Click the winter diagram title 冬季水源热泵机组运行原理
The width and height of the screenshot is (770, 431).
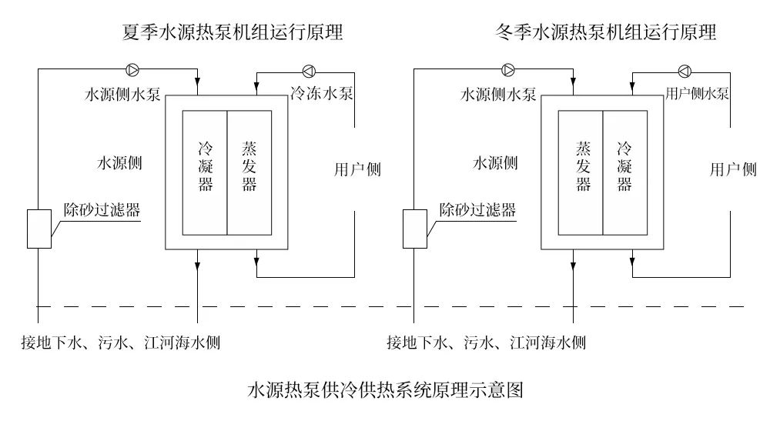tap(607, 33)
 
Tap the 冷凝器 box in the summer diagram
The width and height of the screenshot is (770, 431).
tap(205, 172)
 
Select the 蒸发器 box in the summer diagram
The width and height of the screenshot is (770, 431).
tap(249, 172)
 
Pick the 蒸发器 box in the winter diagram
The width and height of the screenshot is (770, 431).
tap(581, 172)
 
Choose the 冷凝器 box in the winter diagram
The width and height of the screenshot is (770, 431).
tap(624, 172)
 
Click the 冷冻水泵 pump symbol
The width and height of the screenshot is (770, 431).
tap(309, 71)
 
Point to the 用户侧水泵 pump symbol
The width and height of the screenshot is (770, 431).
tap(685, 71)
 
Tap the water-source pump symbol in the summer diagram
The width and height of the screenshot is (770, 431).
tap(133, 70)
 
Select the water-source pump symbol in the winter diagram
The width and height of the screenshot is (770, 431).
tap(508, 70)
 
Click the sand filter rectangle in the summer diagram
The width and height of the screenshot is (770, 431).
tap(39, 229)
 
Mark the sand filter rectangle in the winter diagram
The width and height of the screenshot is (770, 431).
tap(414, 229)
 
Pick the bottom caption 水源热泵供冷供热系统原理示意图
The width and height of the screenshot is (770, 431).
tap(384, 390)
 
